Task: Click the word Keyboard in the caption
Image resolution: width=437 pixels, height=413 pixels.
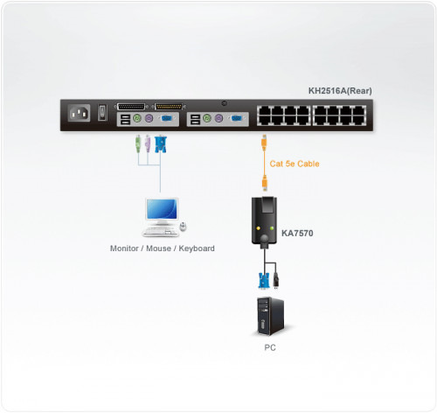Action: point(195,248)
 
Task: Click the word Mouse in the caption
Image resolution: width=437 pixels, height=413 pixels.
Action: point(159,248)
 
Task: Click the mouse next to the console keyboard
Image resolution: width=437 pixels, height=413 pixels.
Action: point(183,227)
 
